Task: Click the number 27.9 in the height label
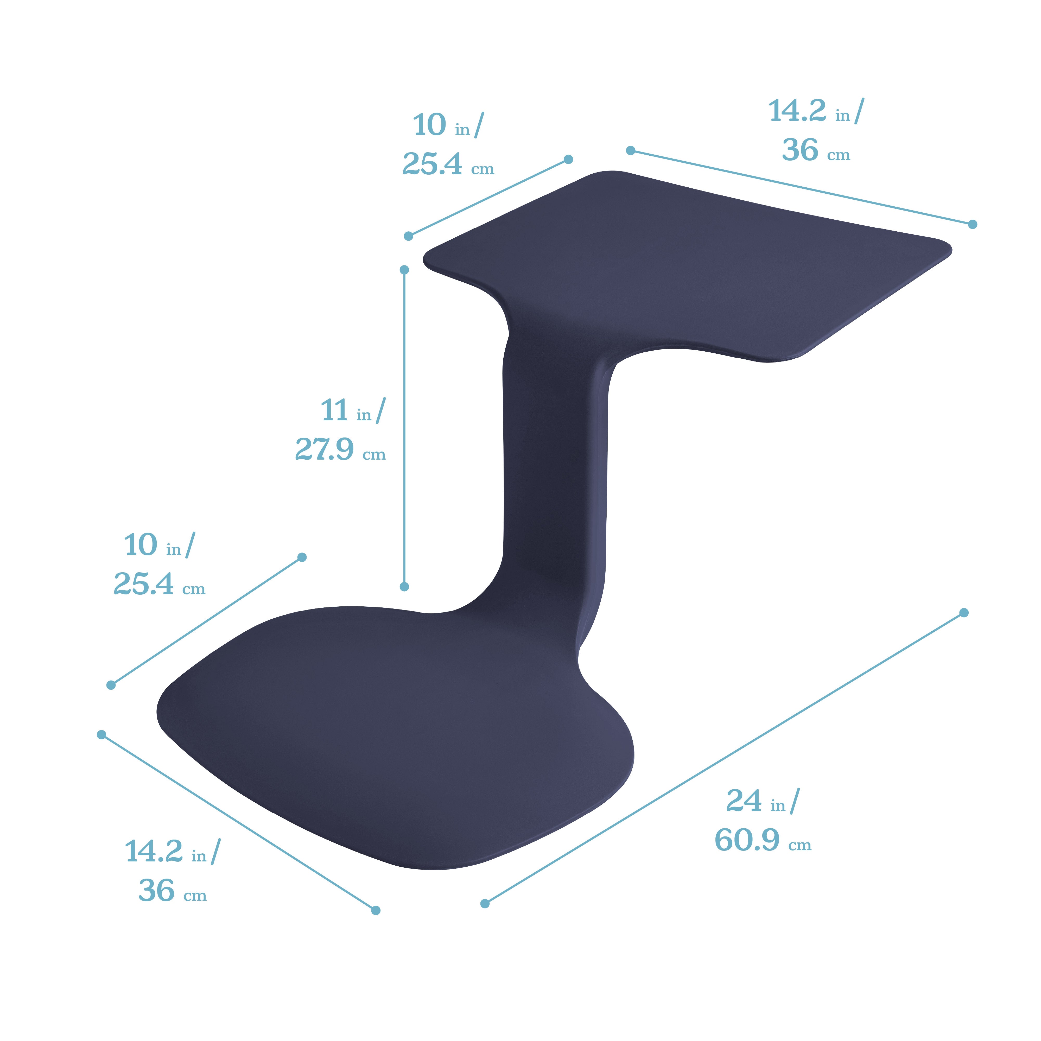(x=324, y=449)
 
